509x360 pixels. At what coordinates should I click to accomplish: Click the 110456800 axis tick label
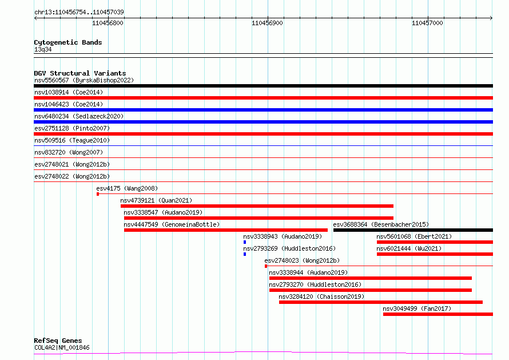[108, 23]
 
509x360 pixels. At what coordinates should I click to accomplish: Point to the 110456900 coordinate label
[267, 23]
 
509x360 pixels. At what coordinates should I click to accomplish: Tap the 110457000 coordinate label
[427, 23]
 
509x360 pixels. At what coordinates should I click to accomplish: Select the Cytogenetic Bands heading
[68, 42]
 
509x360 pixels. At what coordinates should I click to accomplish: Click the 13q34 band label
[43, 49]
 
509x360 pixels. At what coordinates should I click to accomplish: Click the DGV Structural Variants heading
[80, 73]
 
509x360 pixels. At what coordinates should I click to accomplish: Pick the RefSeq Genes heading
[58, 341]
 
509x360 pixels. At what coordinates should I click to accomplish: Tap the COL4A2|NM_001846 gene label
[62, 347]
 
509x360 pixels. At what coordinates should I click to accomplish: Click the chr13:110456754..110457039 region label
[79, 13]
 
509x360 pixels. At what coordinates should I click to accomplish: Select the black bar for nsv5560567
[263, 86]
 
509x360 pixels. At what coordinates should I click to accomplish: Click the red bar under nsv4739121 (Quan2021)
[257, 206]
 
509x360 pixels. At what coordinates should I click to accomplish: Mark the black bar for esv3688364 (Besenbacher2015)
[413, 230]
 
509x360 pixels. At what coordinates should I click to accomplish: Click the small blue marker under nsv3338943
[245, 242]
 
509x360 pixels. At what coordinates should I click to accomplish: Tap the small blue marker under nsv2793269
[245, 254]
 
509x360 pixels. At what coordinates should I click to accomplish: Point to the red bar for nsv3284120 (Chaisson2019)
[381, 302]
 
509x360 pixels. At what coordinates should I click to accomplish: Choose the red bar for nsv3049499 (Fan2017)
[438, 314]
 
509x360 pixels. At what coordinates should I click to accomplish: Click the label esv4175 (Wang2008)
[127, 188]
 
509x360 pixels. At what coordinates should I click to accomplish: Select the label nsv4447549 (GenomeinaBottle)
[172, 224]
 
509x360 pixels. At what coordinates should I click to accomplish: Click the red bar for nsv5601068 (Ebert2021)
[435, 242]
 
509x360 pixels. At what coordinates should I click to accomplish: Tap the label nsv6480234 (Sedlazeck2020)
[79, 116]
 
